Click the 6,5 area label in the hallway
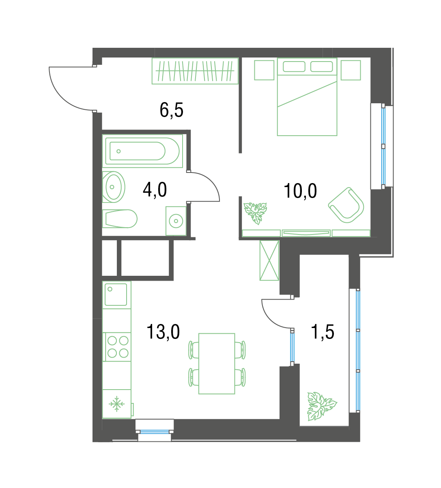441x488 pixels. click(171, 110)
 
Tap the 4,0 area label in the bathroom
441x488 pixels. click(155, 190)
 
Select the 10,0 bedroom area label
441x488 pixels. click(300, 191)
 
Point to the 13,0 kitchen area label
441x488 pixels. click(163, 332)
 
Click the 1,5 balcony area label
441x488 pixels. click(323, 332)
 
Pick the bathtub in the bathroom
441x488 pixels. click(143, 151)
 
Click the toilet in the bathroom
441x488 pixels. click(120, 219)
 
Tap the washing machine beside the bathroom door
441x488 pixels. click(176, 221)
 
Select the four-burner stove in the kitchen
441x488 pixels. click(117, 347)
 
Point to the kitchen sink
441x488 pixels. click(116, 294)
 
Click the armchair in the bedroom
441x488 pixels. click(346, 205)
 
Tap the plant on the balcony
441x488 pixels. click(321, 406)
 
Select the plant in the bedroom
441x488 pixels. click(256, 213)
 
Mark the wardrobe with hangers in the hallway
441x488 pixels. click(195, 71)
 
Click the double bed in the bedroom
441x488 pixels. click(307, 97)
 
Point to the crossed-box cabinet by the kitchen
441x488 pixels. click(269, 260)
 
